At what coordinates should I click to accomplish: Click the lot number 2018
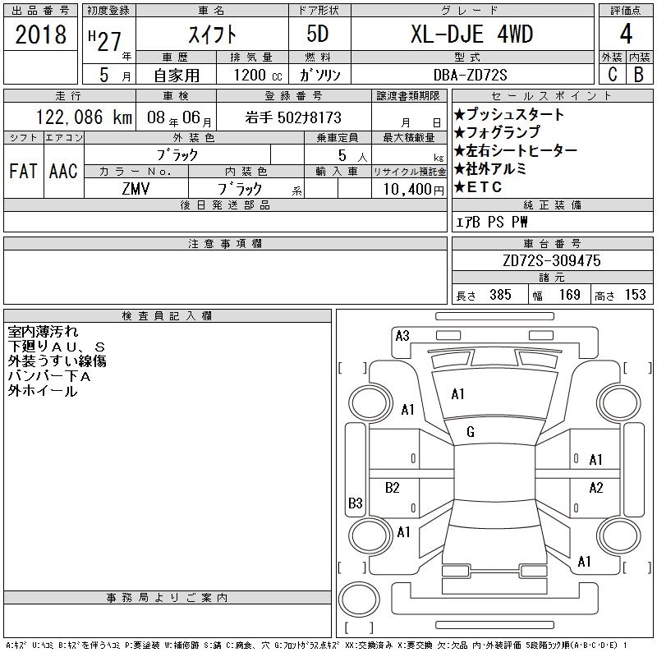pos(40,34)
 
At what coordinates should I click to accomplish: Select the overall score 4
pos(626,34)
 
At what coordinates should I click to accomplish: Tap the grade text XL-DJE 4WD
pos(471,34)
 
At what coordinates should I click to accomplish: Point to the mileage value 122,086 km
pos(84,117)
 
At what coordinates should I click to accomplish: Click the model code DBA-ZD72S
pos(470,75)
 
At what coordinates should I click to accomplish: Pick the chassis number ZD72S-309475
pos(551,260)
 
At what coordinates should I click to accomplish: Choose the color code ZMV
pos(136,189)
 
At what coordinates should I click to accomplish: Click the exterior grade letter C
pos(612,75)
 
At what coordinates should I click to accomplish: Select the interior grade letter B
pos(639,75)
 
